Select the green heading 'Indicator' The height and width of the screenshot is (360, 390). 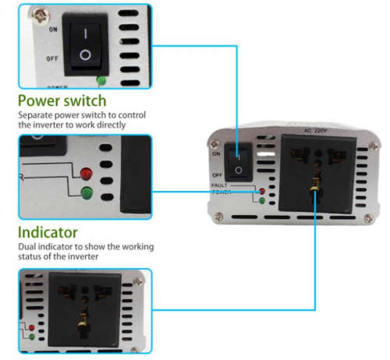pos(48,232)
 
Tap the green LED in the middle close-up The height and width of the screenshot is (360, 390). pos(85,194)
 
